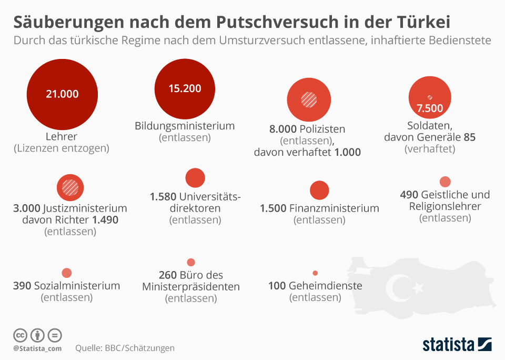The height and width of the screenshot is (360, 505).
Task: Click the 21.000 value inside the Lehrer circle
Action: (x=62, y=94)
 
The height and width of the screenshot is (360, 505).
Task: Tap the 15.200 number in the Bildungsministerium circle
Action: (x=185, y=88)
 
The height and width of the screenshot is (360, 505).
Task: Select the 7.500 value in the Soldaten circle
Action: (x=430, y=109)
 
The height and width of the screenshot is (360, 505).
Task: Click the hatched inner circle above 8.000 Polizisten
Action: (x=308, y=100)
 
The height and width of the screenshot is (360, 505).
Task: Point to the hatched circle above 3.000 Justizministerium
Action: (x=70, y=187)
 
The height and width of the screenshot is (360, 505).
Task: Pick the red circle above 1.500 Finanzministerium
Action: (x=319, y=190)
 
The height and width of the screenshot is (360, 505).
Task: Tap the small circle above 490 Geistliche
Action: (x=445, y=182)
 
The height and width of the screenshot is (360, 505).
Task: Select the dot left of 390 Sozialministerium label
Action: (x=66, y=273)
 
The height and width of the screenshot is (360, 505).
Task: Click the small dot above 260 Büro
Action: (x=191, y=262)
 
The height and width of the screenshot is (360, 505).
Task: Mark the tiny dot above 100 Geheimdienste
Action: (x=315, y=273)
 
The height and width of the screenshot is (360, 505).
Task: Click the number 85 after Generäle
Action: (x=469, y=137)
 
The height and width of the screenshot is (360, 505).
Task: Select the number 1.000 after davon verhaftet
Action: (x=347, y=153)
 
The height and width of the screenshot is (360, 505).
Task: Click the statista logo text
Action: (x=448, y=345)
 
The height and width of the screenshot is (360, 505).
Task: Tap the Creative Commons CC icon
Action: (x=20, y=335)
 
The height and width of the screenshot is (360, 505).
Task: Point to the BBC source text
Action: (x=115, y=348)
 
